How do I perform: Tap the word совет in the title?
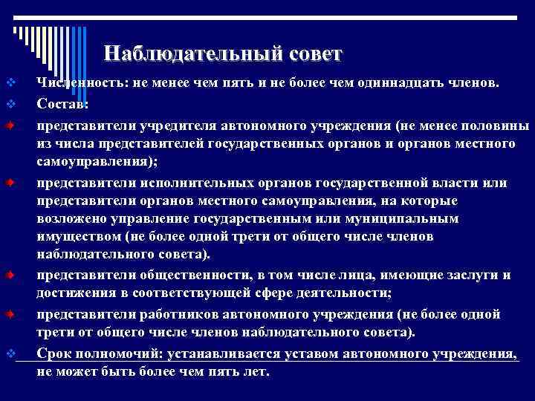[312, 53]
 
